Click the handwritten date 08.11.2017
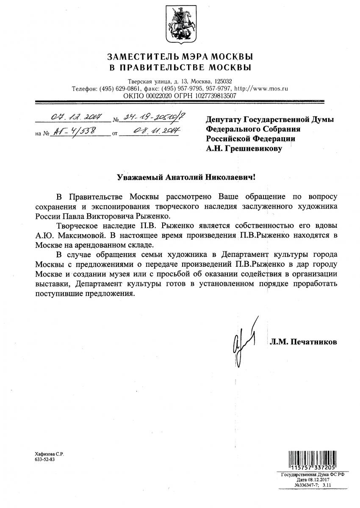tap(151, 132)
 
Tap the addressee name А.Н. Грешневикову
tap(244, 149)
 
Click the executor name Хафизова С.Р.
tap(49, 453)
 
